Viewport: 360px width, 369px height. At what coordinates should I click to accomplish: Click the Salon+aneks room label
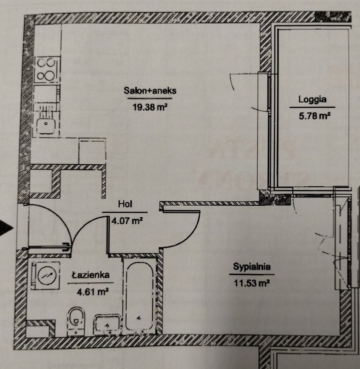[x=150, y=91]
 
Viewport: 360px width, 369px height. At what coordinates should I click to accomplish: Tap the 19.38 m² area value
[x=150, y=107]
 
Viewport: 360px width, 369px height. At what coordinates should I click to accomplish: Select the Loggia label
[x=312, y=100]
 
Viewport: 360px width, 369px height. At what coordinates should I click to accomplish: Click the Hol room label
[x=125, y=204]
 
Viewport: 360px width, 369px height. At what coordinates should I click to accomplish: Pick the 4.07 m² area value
[x=127, y=221]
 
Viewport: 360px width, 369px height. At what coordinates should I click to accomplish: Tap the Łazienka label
[x=91, y=275]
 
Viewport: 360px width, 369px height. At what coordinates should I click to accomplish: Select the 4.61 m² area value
[x=92, y=292]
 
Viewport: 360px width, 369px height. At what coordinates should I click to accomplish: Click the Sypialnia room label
[x=252, y=267]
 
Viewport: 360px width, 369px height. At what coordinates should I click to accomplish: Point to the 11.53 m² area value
[x=252, y=283]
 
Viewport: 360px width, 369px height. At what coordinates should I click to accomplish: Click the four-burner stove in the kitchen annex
[x=47, y=70]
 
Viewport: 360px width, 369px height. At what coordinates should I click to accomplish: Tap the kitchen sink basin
[x=46, y=126]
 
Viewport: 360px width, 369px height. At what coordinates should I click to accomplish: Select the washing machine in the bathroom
[x=46, y=275]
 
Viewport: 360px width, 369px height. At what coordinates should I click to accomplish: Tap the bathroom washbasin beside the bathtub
[x=107, y=324]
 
